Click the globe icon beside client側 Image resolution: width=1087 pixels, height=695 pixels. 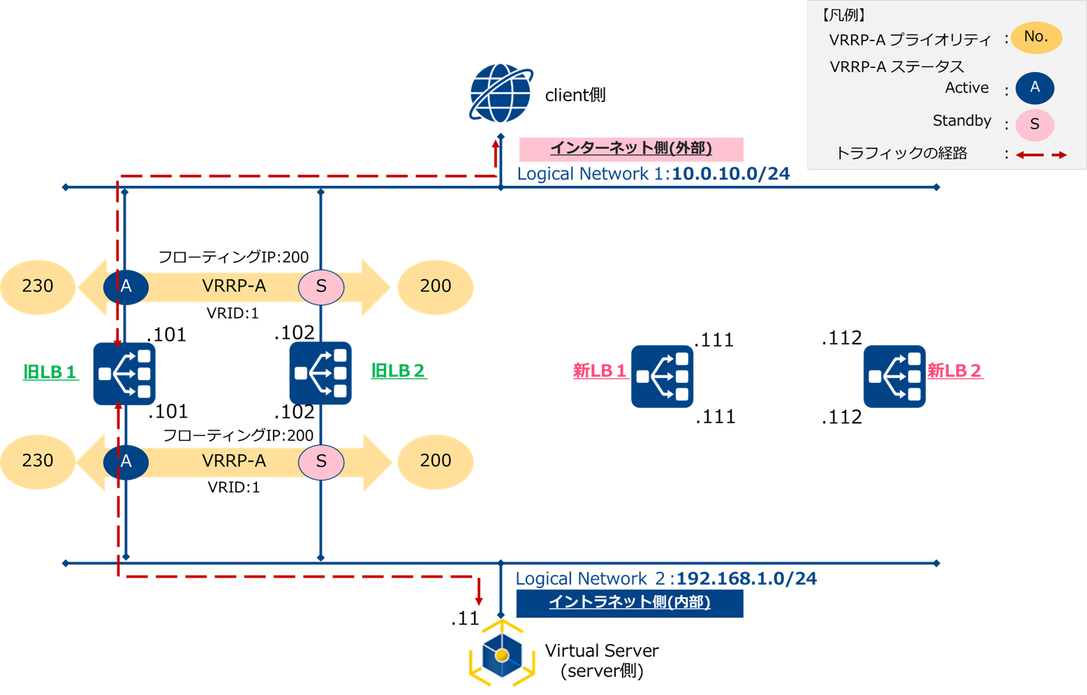pyautogui.click(x=501, y=94)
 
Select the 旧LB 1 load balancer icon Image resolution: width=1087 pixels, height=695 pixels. pyautogui.click(x=124, y=374)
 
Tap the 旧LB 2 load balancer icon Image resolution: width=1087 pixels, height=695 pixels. pyautogui.click(x=320, y=373)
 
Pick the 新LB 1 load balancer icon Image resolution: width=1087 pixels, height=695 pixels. pyautogui.click(x=662, y=376)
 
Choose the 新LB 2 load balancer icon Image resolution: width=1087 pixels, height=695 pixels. pyautogui.click(x=894, y=376)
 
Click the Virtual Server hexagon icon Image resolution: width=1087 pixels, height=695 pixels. pyautogui.click(x=501, y=655)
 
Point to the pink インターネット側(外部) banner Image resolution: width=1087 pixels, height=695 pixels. pyautogui.click(x=631, y=149)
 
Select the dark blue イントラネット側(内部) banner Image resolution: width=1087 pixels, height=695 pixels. pyautogui.click(x=629, y=603)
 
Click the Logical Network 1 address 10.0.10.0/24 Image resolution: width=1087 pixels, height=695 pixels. pyautogui.click(x=730, y=174)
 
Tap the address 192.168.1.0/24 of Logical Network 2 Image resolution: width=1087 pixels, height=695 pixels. pyautogui.click(x=746, y=578)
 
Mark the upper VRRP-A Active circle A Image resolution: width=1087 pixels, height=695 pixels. pyautogui.click(x=126, y=286)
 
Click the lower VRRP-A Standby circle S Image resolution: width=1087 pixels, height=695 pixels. pyautogui.click(x=321, y=462)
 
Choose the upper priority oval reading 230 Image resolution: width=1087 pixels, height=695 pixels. pyautogui.click(x=38, y=286)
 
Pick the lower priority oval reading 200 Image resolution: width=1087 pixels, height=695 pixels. pyautogui.click(x=436, y=461)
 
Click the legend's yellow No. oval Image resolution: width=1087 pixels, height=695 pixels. pyautogui.click(x=1036, y=37)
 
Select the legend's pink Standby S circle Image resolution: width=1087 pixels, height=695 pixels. pyautogui.click(x=1035, y=124)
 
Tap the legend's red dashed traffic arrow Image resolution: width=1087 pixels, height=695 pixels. pyautogui.click(x=1041, y=154)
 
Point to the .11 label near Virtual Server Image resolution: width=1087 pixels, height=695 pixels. pyautogui.click(x=465, y=619)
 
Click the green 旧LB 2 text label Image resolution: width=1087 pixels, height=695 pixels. pyautogui.click(x=398, y=371)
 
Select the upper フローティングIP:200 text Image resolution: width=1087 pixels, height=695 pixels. pyautogui.click(x=233, y=257)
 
